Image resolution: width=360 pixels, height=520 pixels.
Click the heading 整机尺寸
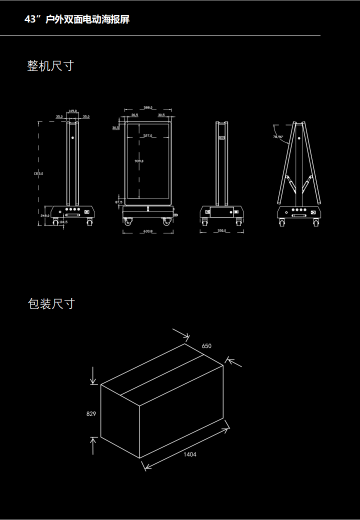[x=50, y=65]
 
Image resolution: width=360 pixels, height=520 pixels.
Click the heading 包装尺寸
[x=51, y=303]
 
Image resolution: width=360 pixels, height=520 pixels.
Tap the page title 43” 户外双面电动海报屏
[x=77, y=19]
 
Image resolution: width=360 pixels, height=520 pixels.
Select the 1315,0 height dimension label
[x=38, y=173]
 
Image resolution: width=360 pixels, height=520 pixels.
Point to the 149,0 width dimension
[x=72, y=111]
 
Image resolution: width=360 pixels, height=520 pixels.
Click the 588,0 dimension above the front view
[x=148, y=107]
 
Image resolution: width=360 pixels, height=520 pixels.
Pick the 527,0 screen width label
[x=147, y=135]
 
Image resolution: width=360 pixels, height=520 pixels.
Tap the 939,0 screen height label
[x=139, y=161]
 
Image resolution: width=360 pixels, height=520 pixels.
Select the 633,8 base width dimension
[x=147, y=231]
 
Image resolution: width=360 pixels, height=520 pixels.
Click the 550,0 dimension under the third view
[x=222, y=231]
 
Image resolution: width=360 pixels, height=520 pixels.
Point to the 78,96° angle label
[x=278, y=136]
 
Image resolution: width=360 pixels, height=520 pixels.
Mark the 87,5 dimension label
[x=119, y=202]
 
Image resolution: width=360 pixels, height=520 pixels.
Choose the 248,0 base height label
[x=44, y=215]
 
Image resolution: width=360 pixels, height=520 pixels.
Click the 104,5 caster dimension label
[x=63, y=221]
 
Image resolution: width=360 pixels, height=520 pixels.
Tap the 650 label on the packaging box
[x=206, y=346]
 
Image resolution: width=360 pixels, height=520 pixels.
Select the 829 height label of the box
[x=91, y=414]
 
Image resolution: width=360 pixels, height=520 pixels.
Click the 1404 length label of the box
[x=189, y=454]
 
